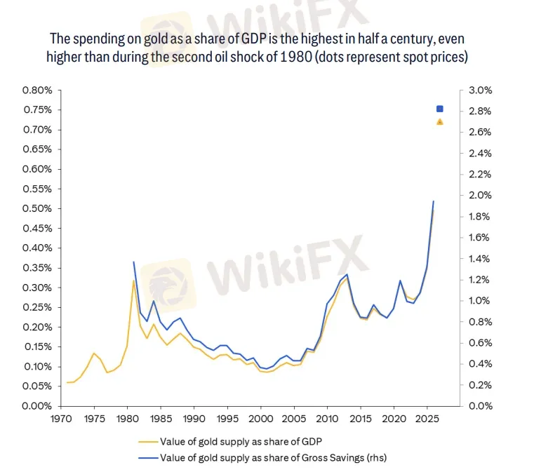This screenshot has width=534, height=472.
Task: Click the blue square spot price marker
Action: (x=440, y=109)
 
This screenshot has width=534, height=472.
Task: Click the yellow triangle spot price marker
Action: (x=440, y=121)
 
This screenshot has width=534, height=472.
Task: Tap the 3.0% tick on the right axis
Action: (x=481, y=90)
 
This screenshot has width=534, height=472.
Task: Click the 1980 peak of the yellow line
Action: (x=133, y=281)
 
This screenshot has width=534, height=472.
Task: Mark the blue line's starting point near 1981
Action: (x=133, y=262)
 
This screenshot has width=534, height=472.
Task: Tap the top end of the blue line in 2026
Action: (x=433, y=201)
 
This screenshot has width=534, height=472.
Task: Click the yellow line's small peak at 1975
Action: (x=93, y=353)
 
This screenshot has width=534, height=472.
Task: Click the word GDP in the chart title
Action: (x=258, y=38)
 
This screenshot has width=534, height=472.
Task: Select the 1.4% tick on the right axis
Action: (x=481, y=259)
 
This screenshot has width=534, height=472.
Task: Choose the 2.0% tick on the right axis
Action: (x=481, y=196)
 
